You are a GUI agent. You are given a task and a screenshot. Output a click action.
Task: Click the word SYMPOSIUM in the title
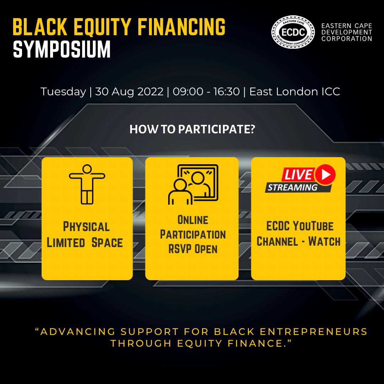(x=62, y=49)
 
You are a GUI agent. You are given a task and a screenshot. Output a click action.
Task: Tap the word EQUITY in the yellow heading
(x=102, y=27)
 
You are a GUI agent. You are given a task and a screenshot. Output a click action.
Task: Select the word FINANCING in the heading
(x=181, y=27)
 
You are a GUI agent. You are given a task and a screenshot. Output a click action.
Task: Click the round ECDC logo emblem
(x=293, y=32)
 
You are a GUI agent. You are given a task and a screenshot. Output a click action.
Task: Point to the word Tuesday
(x=63, y=92)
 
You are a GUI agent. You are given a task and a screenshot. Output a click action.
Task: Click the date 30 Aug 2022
(x=129, y=92)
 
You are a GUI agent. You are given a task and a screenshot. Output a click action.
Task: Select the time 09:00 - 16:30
(x=206, y=92)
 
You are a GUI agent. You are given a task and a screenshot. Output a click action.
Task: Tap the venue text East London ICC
(x=295, y=92)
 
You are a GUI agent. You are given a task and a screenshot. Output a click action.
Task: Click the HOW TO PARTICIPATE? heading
(x=192, y=129)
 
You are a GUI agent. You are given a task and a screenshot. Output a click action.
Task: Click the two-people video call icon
(x=193, y=185)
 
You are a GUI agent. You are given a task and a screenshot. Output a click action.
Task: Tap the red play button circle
(x=325, y=174)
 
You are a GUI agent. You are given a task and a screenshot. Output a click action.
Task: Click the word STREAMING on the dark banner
(x=292, y=188)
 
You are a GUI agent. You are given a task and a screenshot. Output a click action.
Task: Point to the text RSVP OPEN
(x=193, y=249)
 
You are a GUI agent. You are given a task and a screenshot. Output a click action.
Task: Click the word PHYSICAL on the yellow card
(x=86, y=226)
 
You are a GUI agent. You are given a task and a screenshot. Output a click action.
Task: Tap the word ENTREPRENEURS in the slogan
(x=314, y=332)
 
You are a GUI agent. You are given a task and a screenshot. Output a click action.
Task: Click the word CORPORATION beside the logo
(x=347, y=39)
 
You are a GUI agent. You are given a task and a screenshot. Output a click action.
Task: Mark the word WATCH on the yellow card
(x=324, y=241)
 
